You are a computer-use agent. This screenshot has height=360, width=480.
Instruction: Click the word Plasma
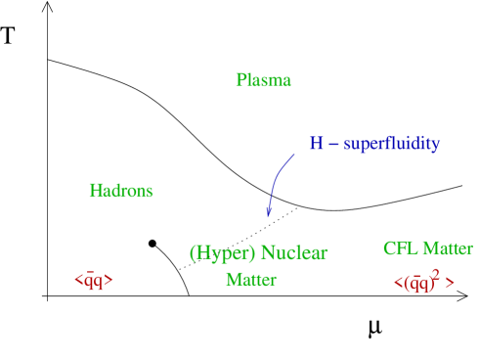pos(263,80)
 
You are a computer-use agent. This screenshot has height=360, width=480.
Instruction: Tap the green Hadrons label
pos(121,191)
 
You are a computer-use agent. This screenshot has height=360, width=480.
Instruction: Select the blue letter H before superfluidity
pos(316,145)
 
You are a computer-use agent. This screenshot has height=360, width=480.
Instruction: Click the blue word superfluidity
pos(391,145)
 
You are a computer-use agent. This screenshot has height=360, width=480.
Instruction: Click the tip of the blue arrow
pos(268,217)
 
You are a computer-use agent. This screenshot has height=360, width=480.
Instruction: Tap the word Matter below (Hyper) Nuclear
pos(251,280)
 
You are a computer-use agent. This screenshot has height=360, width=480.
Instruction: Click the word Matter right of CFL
pos(448,248)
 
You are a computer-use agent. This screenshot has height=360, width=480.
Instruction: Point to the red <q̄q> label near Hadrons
pos(94,281)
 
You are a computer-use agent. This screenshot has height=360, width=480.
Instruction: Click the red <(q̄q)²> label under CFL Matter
pos(423,283)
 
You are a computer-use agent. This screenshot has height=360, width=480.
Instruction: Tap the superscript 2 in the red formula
pos(435,275)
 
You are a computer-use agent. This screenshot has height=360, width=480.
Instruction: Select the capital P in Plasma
pos(240,80)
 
